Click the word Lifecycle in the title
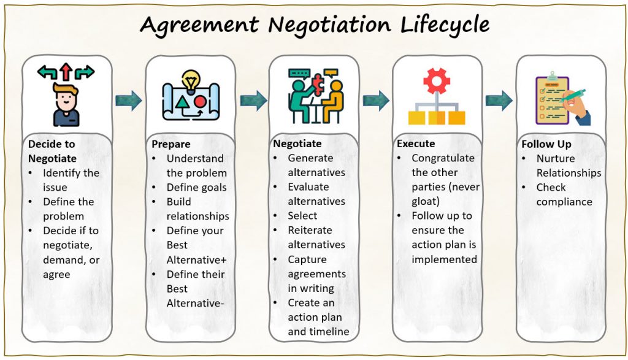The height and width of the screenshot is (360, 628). click(445, 25)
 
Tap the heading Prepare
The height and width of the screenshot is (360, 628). click(171, 145)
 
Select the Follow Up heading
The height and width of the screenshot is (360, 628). click(546, 144)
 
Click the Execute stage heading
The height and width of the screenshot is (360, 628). click(416, 144)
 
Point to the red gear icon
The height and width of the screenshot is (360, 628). click(437, 80)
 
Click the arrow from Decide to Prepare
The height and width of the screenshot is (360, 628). click(129, 100)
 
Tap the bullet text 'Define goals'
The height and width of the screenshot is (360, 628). click(196, 187)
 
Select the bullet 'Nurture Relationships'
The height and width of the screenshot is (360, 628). click(568, 166)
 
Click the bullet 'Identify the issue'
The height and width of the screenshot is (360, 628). click(70, 180)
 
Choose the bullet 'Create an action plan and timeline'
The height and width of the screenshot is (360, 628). click(318, 317)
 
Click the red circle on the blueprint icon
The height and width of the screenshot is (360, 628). click(200, 100)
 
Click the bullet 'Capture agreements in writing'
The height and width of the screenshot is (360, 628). click(316, 274)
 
